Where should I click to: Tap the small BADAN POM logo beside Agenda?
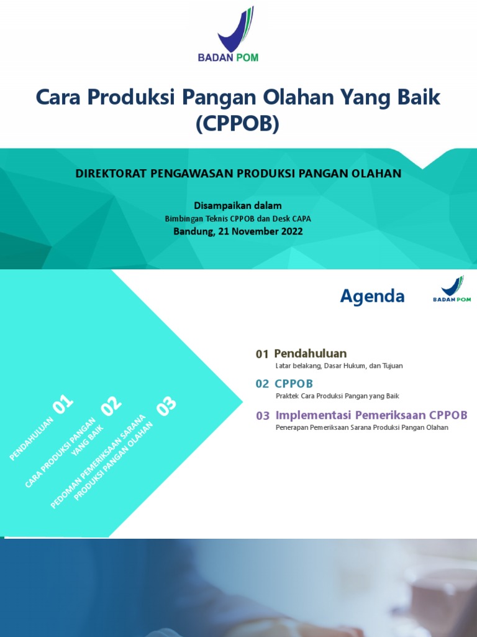click(x=452, y=289)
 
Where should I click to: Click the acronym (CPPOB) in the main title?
click(x=238, y=124)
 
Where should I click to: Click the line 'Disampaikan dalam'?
click(x=238, y=206)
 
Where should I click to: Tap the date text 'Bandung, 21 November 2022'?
click(x=238, y=231)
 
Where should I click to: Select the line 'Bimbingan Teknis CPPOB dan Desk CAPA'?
click(x=238, y=219)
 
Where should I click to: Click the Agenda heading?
click(x=372, y=297)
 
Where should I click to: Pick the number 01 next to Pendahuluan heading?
click(x=262, y=354)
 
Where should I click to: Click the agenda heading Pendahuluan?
click(x=311, y=353)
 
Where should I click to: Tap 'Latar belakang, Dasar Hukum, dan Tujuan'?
click(x=339, y=366)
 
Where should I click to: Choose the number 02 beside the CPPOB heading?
click(x=262, y=384)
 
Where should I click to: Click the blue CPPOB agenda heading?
click(x=294, y=383)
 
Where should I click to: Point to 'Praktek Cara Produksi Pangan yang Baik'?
click(x=337, y=396)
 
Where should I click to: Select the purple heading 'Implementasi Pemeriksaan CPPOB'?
click(x=371, y=415)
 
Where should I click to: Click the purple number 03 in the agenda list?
click(x=263, y=416)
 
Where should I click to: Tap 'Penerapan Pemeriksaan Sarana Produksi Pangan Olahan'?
click(x=361, y=428)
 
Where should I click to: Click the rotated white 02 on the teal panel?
click(x=112, y=406)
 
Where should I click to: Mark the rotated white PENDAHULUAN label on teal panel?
click(x=32, y=439)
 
